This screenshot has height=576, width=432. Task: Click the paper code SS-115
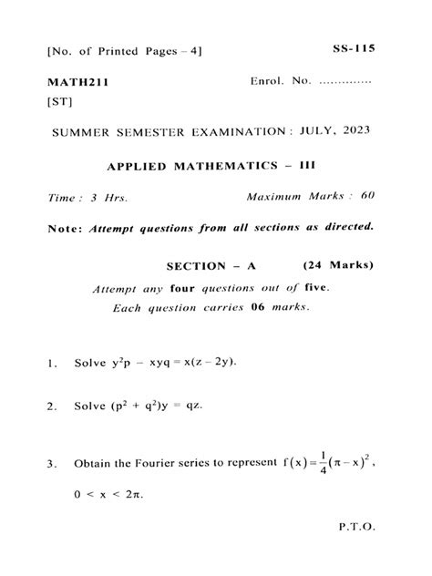click(355, 47)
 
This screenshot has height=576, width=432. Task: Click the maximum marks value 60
click(366, 197)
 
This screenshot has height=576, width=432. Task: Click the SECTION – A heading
click(211, 266)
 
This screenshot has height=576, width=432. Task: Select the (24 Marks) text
click(337, 266)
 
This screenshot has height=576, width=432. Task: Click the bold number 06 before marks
click(260, 308)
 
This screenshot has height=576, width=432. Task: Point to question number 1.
click(51, 364)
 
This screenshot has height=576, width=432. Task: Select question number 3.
click(51, 465)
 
